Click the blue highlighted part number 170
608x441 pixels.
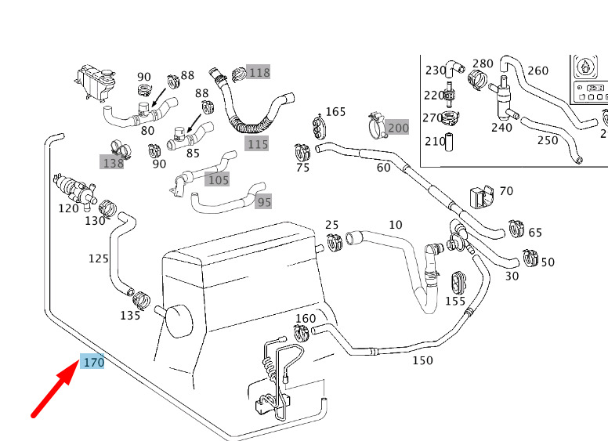(93, 363)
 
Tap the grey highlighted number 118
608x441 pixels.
(259, 73)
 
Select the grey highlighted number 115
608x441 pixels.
(257, 143)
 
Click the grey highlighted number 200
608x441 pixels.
(398, 127)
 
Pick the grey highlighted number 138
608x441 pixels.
(113, 163)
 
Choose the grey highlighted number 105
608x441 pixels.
(218, 180)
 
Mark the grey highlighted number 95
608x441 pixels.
(264, 202)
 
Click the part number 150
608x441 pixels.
(422, 360)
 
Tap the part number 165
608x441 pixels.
(335, 112)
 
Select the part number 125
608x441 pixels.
(98, 258)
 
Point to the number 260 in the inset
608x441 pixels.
(537, 70)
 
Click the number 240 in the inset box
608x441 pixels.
(501, 128)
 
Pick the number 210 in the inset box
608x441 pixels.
(434, 142)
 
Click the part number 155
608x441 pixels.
(455, 301)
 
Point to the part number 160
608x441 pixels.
(306, 319)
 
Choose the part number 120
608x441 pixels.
(68, 208)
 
